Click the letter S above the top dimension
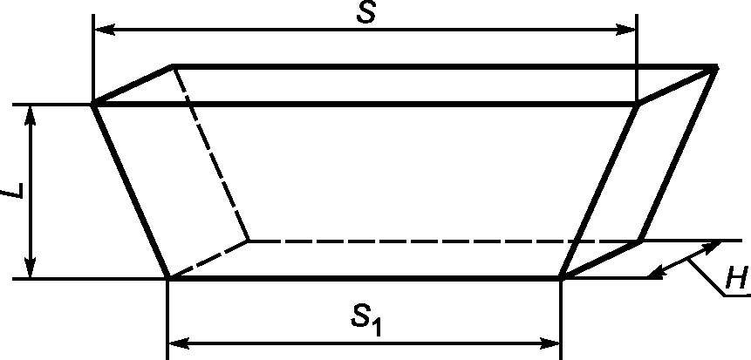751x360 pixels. pos(366,13)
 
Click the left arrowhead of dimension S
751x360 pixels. pos(105,30)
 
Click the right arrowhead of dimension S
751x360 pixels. pos(625,30)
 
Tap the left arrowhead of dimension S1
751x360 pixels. pos(179,343)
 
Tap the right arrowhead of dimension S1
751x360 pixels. pos(549,343)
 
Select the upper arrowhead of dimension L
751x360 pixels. pos(31,116)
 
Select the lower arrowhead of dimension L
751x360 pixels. pos(31,267)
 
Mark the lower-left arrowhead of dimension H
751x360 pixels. pos(657,272)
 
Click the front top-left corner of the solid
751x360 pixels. pos(93,104)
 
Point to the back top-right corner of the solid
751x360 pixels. pos(717,67)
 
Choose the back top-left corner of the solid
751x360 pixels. pos(173,66)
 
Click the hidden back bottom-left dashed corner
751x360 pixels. pos(248,241)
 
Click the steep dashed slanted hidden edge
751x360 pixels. pos(210,153)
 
